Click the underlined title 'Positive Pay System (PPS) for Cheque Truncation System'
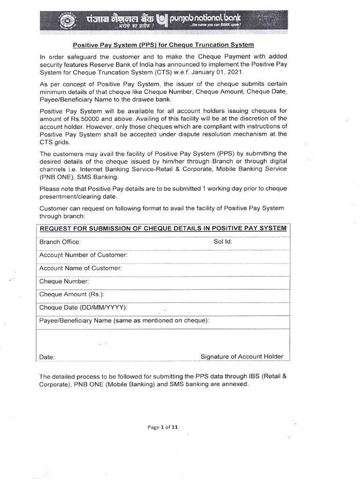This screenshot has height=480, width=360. point(163,45)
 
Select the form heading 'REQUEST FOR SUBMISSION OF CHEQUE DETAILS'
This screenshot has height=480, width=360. point(162,228)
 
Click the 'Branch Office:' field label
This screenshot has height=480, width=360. point(60,242)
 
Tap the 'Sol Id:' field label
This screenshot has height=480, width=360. point(223,242)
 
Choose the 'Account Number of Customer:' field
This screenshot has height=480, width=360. point(83,255)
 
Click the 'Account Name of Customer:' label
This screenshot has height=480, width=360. point(81,268)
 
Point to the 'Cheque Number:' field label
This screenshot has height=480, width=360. point(64,281)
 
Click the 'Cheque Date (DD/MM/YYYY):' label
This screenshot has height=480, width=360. point(83,307)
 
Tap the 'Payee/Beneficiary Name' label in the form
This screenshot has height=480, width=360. point(124,321)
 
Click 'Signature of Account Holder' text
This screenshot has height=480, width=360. point(242,356)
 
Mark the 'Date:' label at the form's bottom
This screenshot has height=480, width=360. point(47,357)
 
